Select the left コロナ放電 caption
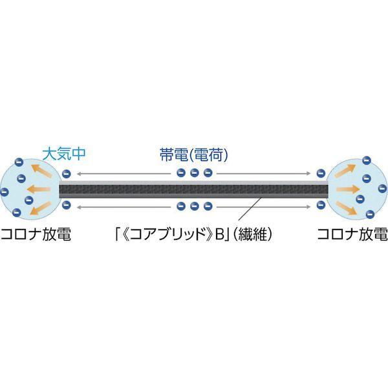(x=36, y=233)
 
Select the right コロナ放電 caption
(x=352, y=233)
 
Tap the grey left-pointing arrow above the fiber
(x=123, y=173)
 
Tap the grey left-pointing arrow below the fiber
(x=123, y=208)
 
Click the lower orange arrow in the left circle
(x=41, y=208)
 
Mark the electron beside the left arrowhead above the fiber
(x=67, y=173)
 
